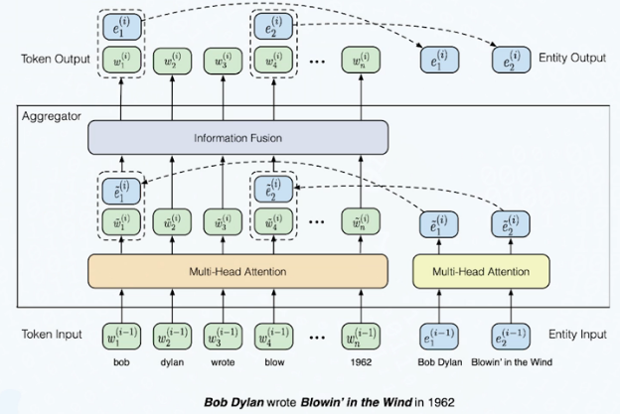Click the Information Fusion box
point(237,137)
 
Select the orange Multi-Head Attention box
point(237,271)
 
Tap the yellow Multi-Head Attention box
point(481,271)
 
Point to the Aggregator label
point(52,116)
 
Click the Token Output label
point(56,59)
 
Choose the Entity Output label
point(572,58)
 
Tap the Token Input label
point(52,335)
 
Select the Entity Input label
point(577,335)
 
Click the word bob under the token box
point(121,362)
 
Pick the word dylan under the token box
point(172,362)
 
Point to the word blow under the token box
point(274,362)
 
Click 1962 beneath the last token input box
point(361,362)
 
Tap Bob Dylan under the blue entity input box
point(440,362)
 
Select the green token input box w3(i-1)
point(223,337)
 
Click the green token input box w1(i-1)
point(121,337)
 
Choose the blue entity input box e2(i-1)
point(511,337)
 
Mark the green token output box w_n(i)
point(361,60)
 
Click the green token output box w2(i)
point(172,61)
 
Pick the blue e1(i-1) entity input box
point(439,337)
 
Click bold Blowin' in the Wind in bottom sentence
point(357,402)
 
